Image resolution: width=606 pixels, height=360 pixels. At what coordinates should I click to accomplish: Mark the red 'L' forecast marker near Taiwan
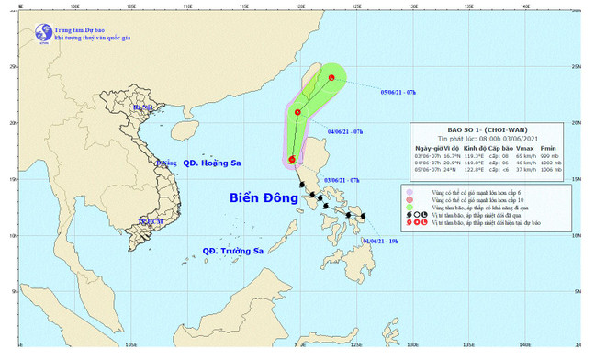coord(331,78)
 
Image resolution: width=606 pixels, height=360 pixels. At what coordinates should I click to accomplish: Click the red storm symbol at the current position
coord(292,161)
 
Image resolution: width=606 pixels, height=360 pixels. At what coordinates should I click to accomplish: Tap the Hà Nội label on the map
coord(143,108)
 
